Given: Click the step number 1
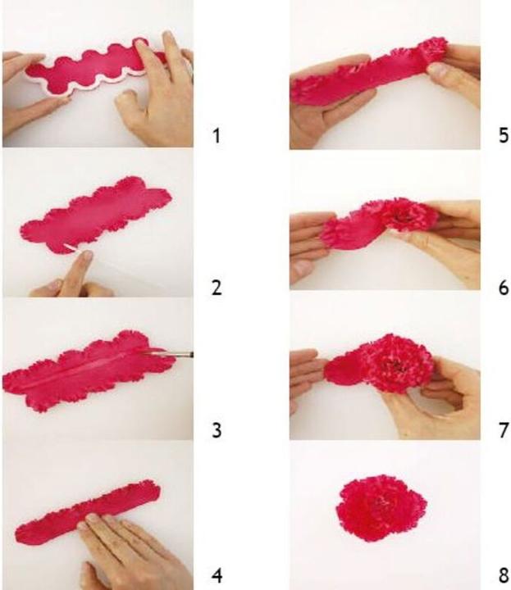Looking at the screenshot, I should [x=216, y=135].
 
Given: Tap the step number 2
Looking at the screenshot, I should [x=217, y=288].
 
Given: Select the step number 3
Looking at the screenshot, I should [x=217, y=430].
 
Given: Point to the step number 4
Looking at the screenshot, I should [x=217, y=576].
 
